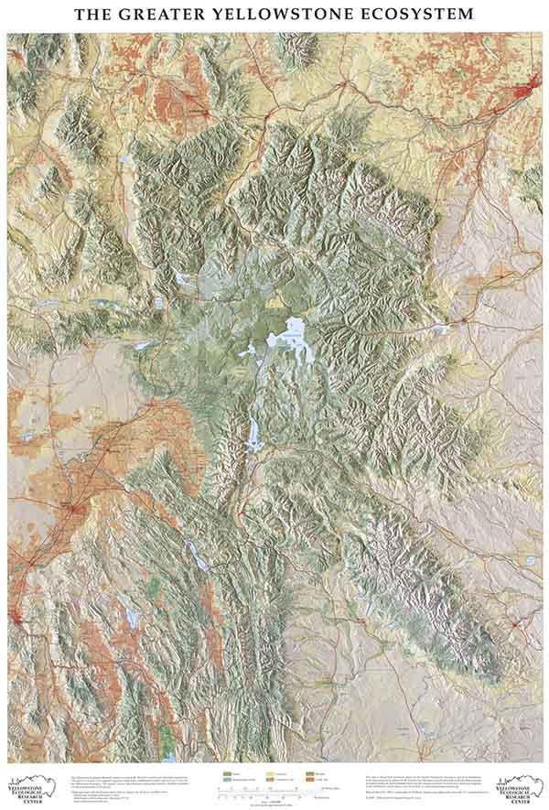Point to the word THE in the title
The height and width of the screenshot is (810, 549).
tap(94, 14)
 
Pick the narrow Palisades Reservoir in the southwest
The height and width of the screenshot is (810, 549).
tap(195, 553)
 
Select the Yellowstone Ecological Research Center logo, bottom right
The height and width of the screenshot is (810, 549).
tap(517, 786)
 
